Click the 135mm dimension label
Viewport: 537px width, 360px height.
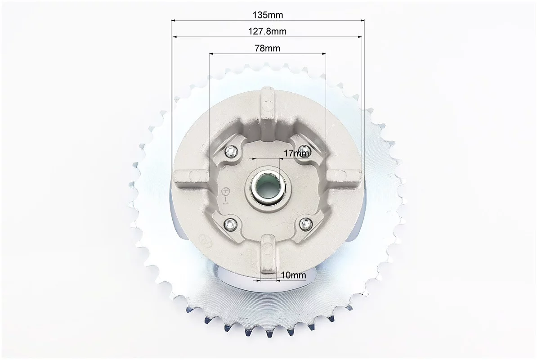(x=268, y=15)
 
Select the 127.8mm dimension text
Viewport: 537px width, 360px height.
(x=267, y=31)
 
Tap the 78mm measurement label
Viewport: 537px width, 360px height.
(x=268, y=48)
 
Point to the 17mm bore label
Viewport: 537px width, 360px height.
(x=296, y=153)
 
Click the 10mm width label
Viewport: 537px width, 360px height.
(x=294, y=274)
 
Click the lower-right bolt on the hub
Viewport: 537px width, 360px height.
(x=305, y=224)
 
